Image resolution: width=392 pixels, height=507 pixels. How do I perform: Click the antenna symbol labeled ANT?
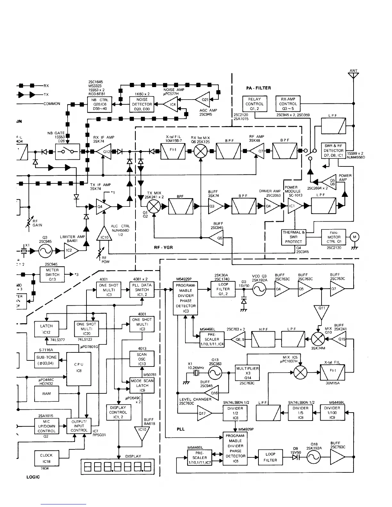click(354, 76)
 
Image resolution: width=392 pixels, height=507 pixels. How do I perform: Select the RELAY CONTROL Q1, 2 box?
click(254, 104)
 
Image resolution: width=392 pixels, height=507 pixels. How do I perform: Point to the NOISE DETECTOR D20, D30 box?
click(142, 104)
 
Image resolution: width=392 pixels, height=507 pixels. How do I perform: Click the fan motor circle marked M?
click(354, 237)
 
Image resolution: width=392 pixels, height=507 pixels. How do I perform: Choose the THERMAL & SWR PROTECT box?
click(293, 237)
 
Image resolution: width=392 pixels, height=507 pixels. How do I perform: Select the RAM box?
click(46, 394)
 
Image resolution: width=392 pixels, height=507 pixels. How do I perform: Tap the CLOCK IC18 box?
click(46, 458)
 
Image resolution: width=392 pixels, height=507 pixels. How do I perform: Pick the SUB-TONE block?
click(46, 360)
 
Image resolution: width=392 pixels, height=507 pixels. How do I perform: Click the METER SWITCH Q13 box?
click(52, 275)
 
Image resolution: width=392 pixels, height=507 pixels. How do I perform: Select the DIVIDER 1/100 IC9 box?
click(332, 413)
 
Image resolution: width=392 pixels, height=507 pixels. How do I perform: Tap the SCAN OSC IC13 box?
click(142, 359)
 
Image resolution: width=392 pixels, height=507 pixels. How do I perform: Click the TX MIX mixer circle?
click(154, 206)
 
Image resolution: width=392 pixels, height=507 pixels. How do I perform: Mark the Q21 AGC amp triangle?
click(203, 100)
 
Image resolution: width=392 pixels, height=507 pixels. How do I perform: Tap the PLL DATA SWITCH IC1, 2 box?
click(142, 290)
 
